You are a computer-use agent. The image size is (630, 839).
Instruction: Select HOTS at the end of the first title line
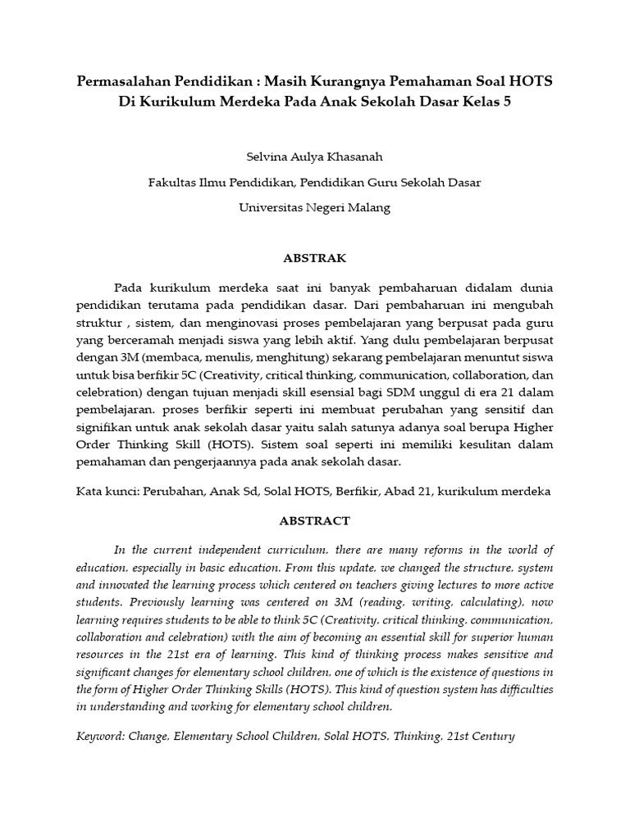[533, 82]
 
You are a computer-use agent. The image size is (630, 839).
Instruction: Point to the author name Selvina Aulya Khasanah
[314, 156]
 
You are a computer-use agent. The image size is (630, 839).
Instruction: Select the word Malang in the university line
[371, 207]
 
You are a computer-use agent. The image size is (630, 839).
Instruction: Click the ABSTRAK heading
[314, 258]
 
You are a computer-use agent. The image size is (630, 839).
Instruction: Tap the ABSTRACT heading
[314, 520]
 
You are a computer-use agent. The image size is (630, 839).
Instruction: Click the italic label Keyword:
[100, 735]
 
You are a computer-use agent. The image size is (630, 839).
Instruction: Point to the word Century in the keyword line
[491, 735]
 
